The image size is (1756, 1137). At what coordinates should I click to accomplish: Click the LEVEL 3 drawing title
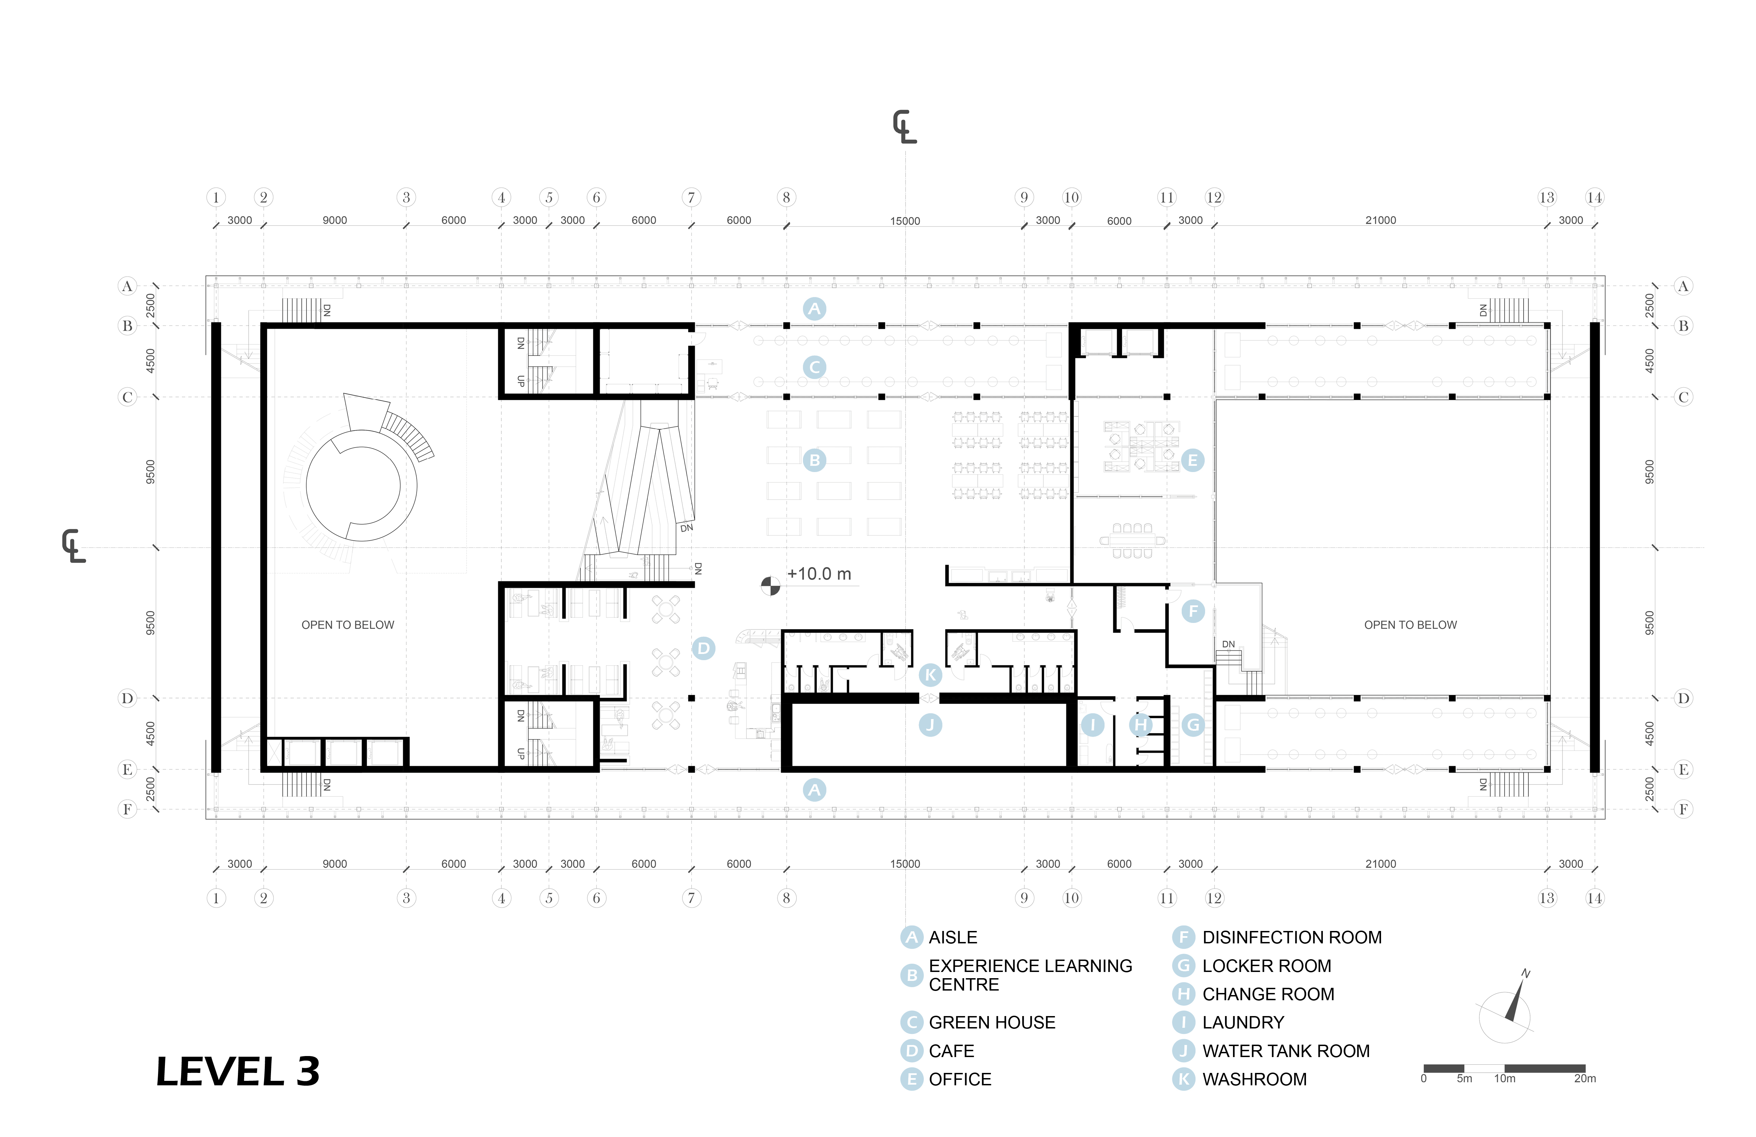coord(238,1072)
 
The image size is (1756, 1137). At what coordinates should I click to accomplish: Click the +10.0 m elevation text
coord(819,574)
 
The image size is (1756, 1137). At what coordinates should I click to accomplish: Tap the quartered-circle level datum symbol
coord(770,585)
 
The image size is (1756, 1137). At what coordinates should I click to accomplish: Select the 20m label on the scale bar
coord(1584,1079)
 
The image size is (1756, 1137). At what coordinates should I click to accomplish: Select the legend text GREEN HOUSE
coord(992,1023)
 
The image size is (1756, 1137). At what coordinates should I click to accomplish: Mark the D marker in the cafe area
coord(703,648)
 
